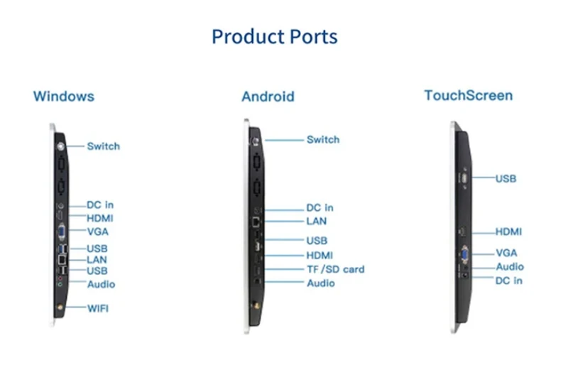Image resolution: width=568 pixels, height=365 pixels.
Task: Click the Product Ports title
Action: pyautogui.click(x=274, y=36)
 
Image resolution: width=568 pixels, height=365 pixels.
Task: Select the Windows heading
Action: pyautogui.click(x=63, y=96)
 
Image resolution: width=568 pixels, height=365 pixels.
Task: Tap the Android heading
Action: pyautogui.click(x=268, y=97)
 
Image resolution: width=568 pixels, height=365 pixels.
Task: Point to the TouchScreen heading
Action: pyautogui.click(x=468, y=95)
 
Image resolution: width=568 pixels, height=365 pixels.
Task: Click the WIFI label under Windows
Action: pyautogui.click(x=98, y=308)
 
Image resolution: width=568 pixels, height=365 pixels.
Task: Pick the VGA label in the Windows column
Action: pyautogui.click(x=97, y=231)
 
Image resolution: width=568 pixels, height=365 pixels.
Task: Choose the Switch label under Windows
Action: pyautogui.click(x=103, y=146)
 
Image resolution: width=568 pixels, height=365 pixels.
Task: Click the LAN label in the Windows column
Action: pyautogui.click(x=97, y=260)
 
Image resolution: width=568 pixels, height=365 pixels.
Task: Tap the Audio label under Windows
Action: pyautogui.click(x=101, y=284)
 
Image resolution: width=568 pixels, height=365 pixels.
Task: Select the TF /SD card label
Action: pyautogui.click(x=335, y=269)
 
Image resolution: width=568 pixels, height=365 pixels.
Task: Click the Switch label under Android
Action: pyautogui.click(x=323, y=139)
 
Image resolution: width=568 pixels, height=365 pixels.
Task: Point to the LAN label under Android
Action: pyautogui.click(x=317, y=222)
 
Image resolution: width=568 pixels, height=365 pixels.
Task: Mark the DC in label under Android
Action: pyautogui.click(x=319, y=208)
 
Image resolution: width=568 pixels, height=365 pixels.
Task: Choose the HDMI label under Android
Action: pyautogui.click(x=319, y=255)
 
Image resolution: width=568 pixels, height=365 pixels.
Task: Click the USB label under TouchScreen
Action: pyautogui.click(x=506, y=178)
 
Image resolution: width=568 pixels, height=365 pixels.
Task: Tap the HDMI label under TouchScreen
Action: pyautogui.click(x=508, y=231)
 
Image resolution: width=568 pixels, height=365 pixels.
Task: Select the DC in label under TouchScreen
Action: pyautogui.click(x=508, y=280)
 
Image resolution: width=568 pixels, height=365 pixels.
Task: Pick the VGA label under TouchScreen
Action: pyautogui.click(x=506, y=253)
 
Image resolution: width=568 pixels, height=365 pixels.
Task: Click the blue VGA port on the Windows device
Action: pyautogui.click(x=61, y=231)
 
